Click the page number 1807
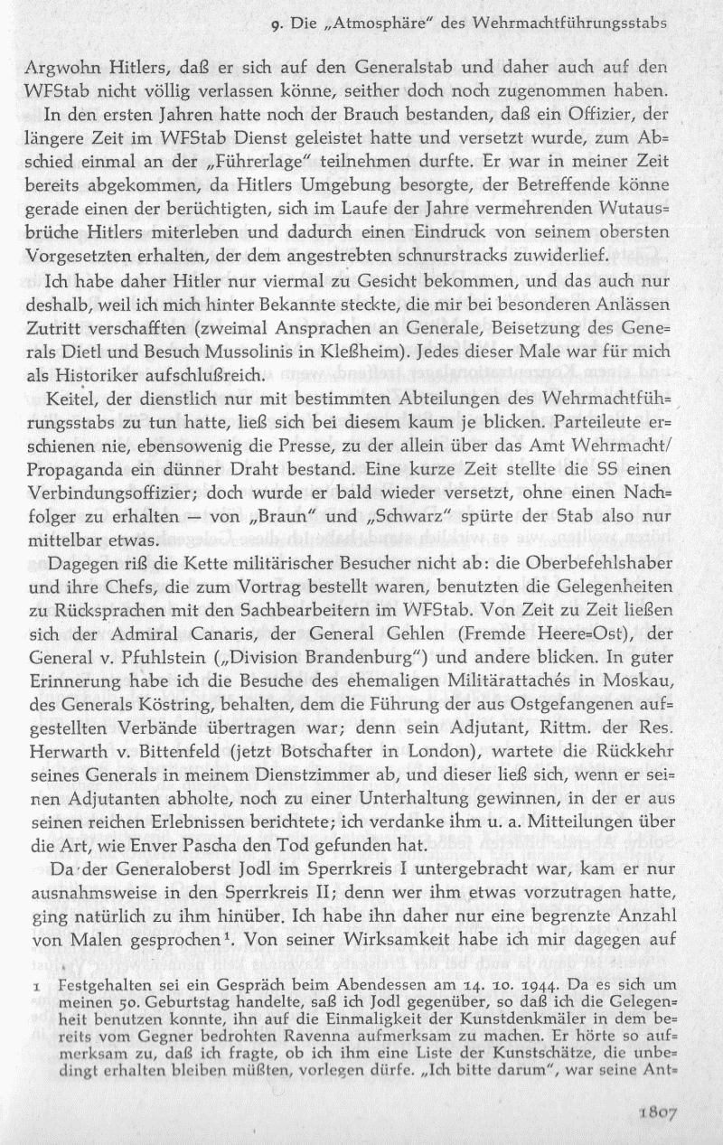[667, 1112]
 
